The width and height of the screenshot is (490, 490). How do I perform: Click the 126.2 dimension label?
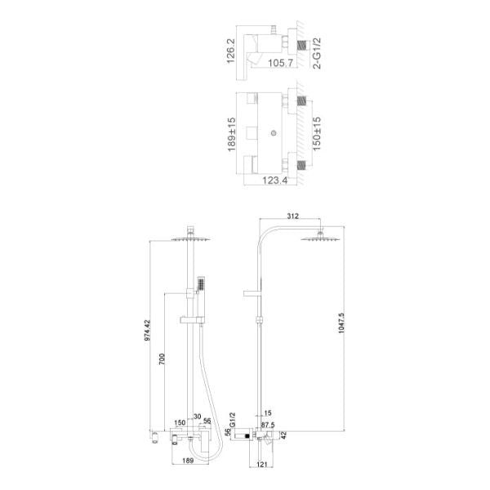pos(230,51)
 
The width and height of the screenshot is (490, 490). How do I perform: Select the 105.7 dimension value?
pos(281,63)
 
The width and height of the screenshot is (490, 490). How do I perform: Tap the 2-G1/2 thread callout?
pos(317,53)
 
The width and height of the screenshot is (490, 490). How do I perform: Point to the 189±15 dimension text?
pos(232,135)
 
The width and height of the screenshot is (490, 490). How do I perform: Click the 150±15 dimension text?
pos(317,134)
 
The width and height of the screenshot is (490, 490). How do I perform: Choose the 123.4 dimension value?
pos(274,180)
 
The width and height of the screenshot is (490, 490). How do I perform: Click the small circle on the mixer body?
pos(274,133)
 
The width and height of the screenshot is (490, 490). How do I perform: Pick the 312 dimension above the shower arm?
pos(292,216)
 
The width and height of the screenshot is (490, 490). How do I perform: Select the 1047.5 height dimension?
pos(341,323)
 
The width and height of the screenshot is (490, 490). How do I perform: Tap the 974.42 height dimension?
pos(147,330)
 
